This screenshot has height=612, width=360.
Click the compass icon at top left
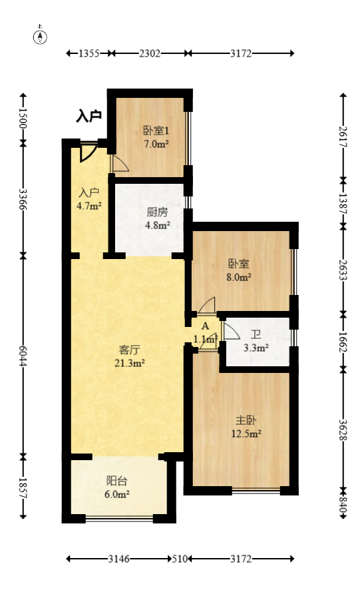(x=41, y=36)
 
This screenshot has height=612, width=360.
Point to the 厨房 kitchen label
(x=157, y=213)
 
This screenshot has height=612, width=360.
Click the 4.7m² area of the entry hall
(x=89, y=206)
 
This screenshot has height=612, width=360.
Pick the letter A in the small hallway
(x=206, y=327)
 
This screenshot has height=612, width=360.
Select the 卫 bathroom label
(x=256, y=335)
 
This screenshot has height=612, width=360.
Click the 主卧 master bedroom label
(x=246, y=420)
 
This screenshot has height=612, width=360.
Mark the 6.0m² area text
(x=117, y=494)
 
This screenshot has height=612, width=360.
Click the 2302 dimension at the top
(x=150, y=54)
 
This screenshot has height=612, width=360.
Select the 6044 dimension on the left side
(x=23, y=355)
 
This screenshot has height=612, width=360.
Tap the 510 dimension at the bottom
(x=178, y=559)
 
